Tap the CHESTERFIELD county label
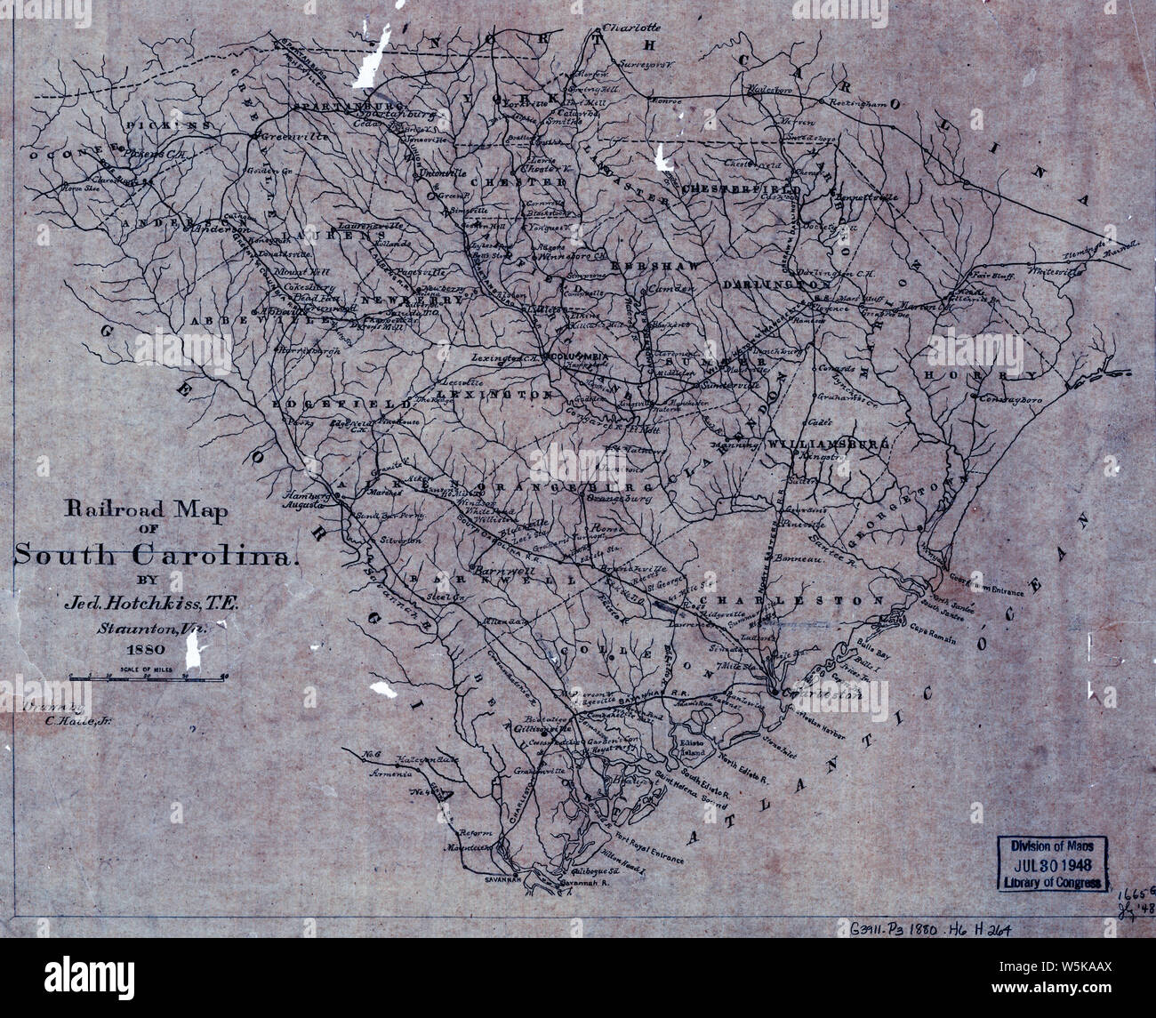[x=740, y=189]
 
